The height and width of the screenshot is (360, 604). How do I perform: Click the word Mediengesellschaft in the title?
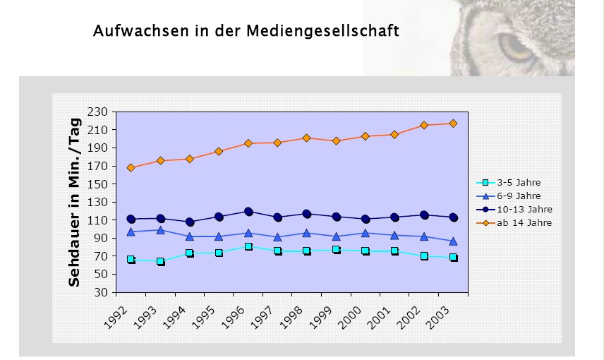pyautogui.click(x=322, y=32)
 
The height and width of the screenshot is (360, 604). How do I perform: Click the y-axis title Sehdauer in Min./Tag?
pyautogui.click(x=74, y=202)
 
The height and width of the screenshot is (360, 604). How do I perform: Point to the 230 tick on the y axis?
pyautogui.click(x=98, y=112)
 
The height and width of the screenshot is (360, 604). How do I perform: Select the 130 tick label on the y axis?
pyautogui.click(x=98, y=203)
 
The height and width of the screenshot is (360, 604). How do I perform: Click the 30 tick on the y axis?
pyautogui.click(x=101, y=292)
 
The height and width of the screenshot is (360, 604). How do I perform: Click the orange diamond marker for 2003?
pyautogui.click(x=453, y=124)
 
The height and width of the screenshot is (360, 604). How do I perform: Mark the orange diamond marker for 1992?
pyautogui.click(x=131, y=168)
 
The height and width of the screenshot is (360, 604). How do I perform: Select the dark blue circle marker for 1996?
pyautogui.click(x=248, y=211)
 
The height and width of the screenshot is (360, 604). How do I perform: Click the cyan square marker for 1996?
pyautogui.click(x=248, y=247)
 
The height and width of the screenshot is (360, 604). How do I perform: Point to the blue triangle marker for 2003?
pyautogui.click(x=453, y=241)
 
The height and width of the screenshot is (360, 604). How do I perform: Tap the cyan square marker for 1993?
pyautogui.click(x=160, y=261)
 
